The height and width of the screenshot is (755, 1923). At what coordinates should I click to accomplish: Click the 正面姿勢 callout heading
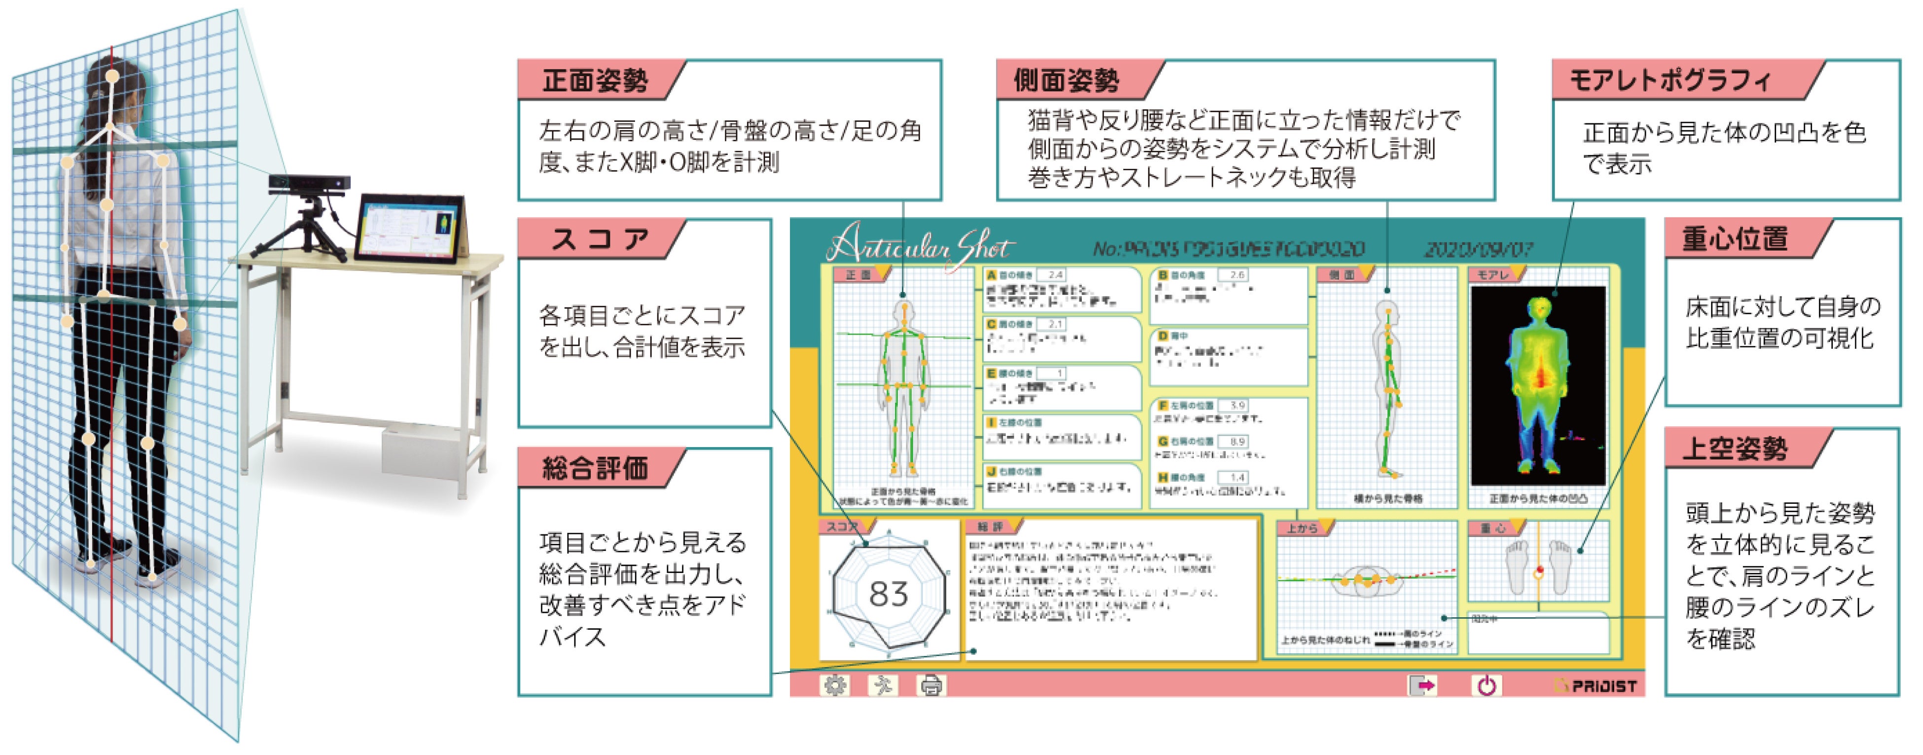(x=595, y=80)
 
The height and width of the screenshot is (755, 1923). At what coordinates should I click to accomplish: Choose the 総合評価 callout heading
(x=595, y=468)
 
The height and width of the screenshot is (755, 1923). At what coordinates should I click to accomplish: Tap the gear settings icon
(x=835, y=685)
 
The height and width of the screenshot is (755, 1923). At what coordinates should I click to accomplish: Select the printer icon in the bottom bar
(x=931, y=685)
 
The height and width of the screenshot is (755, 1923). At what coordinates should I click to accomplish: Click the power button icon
(x=1486, y=685)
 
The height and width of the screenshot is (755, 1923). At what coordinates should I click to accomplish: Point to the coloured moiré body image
(x=1538, y=384)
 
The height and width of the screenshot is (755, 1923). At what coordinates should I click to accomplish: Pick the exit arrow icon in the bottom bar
(x=1422, y=685)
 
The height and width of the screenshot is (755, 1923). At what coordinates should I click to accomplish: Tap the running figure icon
(x=883, y=685)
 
